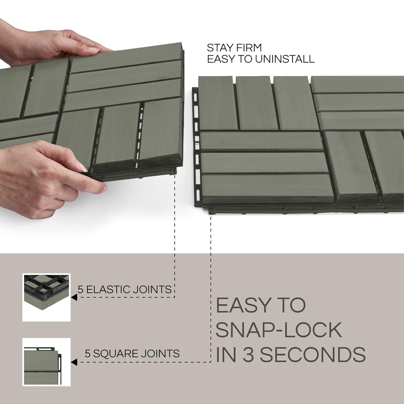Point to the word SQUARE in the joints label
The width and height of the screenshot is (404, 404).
114,353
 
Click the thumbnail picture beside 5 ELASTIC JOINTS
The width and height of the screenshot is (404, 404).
46,297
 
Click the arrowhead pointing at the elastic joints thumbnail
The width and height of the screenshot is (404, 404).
74,297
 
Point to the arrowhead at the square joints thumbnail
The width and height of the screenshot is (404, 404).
74,362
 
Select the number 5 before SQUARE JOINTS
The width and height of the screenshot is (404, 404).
88,353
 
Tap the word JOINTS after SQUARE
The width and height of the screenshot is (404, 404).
158,353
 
